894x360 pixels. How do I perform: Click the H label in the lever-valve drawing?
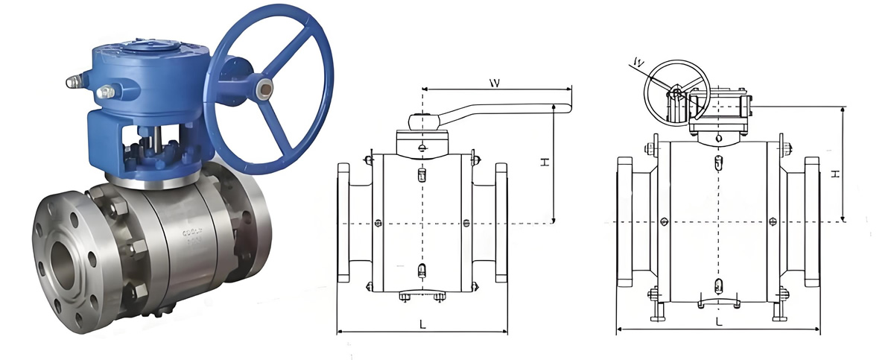point(545,162)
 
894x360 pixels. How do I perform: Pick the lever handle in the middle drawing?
point(507,111)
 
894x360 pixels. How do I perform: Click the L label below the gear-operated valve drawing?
point(718,321)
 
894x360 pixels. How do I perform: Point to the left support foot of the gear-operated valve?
point(656,306)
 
